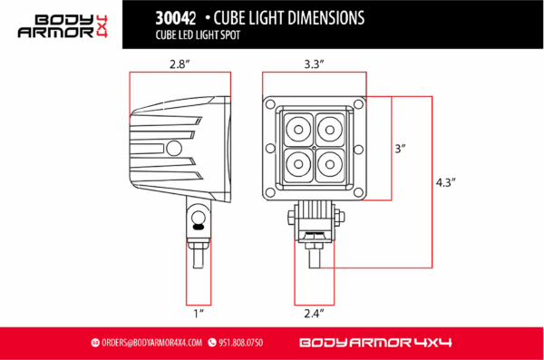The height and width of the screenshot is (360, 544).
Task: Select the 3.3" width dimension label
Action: [315, 63]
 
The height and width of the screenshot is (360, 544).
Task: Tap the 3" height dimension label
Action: [401, 147]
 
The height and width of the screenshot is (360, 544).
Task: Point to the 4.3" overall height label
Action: [444, 181]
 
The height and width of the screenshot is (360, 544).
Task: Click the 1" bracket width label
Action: [198, 313]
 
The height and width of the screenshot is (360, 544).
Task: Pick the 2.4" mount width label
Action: [315, 313]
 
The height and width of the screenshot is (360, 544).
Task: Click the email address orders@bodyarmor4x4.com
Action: [151, 343]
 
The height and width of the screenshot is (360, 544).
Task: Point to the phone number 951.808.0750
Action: [240, 343]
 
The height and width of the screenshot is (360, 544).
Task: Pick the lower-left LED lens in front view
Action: [297, 161]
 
